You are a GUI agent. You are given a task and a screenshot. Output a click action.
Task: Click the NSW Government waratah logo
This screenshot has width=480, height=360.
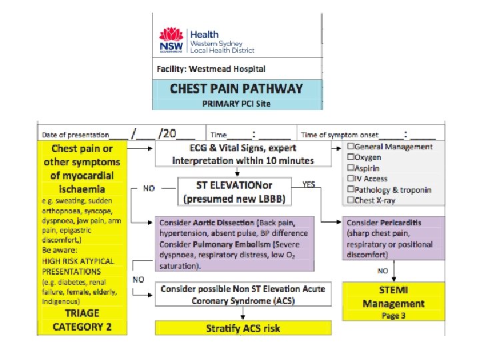(x=172, y=41)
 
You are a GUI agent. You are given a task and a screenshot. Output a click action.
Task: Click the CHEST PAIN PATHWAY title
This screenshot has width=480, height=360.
(x=237, y=89)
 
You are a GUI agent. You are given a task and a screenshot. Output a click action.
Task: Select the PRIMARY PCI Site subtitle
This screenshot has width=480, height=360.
(x=237, y=103)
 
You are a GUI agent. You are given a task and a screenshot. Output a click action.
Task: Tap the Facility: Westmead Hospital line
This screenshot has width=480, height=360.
(x=211, y=69)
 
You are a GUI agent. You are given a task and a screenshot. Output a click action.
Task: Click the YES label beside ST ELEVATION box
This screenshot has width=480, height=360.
(x=309, y=185)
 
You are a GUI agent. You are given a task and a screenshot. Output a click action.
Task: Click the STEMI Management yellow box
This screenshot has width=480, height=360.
(x=393, y=301)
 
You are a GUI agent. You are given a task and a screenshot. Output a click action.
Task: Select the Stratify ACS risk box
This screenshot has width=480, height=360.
(x=243, y=328)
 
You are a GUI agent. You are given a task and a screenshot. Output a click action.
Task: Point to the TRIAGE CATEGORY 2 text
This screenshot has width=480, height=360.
(x=83, y=319)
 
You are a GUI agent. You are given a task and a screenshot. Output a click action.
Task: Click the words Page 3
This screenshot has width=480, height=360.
(x=393, y=315)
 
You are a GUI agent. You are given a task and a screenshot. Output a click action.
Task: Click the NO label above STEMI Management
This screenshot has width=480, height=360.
(x=383, y=271)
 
